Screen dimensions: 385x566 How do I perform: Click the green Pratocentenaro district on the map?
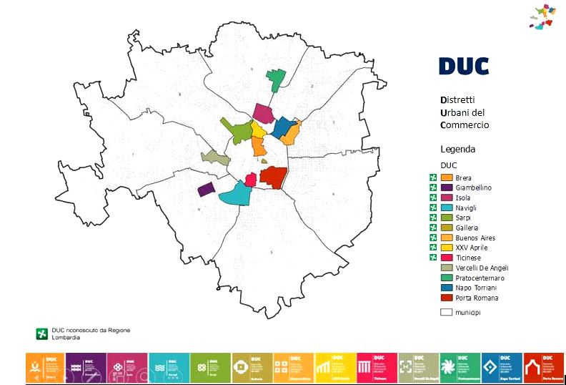click(x=275, y=77)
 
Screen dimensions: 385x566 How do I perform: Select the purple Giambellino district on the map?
click(x=206, y=189)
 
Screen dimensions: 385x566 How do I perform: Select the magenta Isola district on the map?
click(x=264, y=113)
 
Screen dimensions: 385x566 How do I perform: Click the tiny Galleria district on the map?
click(x=264, y=162)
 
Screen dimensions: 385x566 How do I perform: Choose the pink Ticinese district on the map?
click(x=251, y=179)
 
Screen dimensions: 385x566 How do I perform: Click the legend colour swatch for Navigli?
click(x=447, y=208)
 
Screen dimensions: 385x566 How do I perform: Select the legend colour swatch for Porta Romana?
click(x=447, y=298)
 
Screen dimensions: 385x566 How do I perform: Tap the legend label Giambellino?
click(x=473, y=187)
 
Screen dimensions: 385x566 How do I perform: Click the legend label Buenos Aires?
click(x=475, y=238)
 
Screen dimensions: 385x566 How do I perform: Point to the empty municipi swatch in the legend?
click(x=447, y=312)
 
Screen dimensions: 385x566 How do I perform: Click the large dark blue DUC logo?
click(x=464, y=67)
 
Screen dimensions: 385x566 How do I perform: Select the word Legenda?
click(x=457, y=150)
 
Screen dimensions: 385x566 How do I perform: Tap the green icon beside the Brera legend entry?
click(x=433, y=177)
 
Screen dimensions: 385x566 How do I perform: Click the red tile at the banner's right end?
click(x=543, y=367)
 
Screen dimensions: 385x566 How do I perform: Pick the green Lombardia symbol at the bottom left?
click(x=42, y=333)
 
